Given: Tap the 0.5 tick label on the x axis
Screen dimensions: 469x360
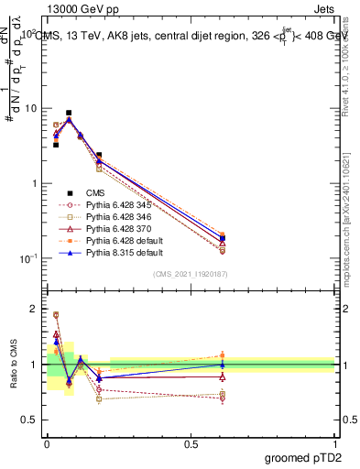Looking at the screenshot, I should click(x=191, y=442).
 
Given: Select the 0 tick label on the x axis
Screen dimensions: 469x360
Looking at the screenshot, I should click(x=47, y=442).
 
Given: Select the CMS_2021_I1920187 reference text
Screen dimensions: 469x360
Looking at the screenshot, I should click(x=190, y=275).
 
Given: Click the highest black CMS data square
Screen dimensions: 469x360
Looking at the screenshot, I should click(x=69, y=113).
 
